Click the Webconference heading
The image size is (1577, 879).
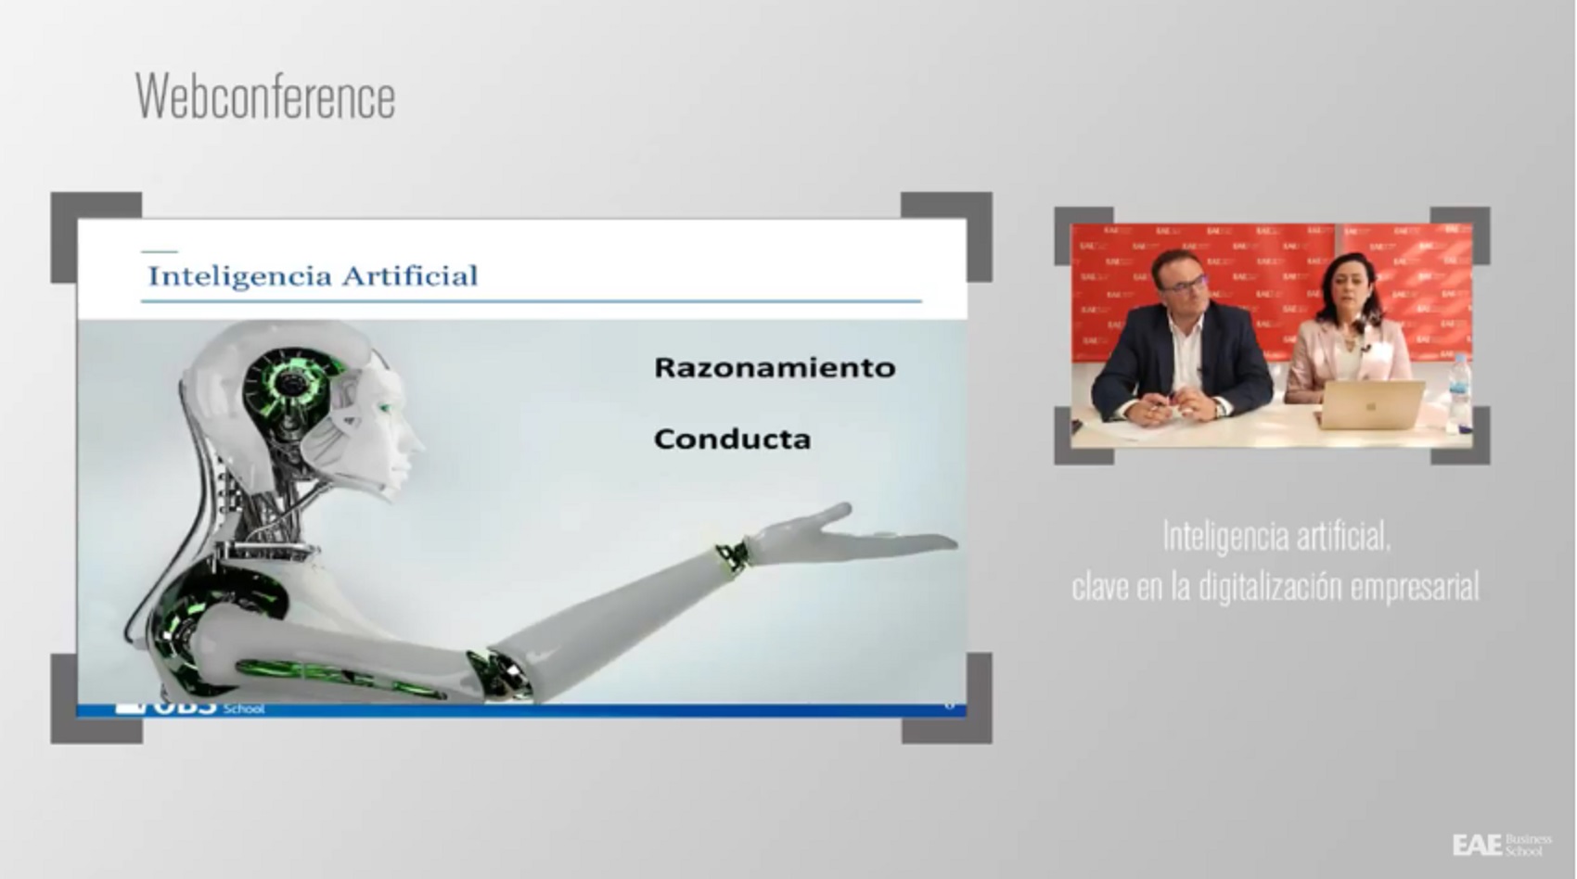click(x=265, y=96)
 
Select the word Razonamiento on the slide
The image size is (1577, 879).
click(x=775, y=367)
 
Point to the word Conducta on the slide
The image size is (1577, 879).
click(x=732, y=439)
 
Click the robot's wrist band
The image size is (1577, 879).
click(x=733, y=554)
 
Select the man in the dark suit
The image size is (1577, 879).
click(x=1181, y=348)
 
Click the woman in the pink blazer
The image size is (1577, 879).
click(x=1347, y=334)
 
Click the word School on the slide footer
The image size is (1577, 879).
click(x=244, y=709)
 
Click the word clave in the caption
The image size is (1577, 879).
click(x=1100, y=587)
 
